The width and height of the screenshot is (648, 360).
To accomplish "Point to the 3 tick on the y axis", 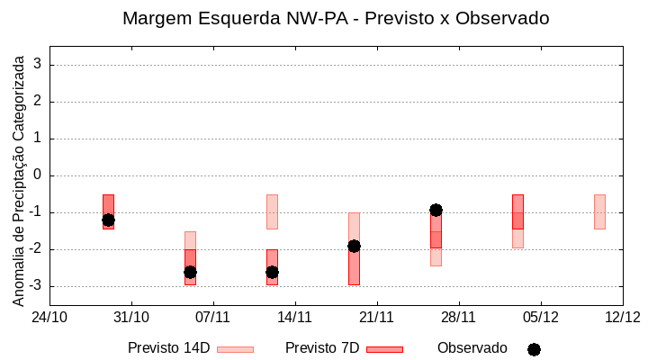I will (x=38, y=65).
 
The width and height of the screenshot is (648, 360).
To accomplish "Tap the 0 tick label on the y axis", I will (x=38, y=175).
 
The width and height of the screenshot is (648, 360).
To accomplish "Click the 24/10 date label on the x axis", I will (x=49, y=317).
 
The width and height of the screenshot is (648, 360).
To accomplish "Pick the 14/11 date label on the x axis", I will (x=294, y=317).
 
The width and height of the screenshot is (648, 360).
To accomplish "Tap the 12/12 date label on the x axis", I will (x=622, y=317).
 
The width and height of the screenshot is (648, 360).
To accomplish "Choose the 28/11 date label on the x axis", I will (x=458, y=317).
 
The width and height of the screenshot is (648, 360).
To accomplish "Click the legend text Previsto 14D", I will (x=169, y=348).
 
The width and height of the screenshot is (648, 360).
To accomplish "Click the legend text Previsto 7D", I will (x=322, y=348).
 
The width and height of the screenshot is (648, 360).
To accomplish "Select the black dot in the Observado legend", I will (x=534, y=349).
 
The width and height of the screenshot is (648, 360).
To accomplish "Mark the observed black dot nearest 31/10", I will (x=108, y=220).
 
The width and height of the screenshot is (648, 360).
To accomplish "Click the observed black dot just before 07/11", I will (x=190, y=272).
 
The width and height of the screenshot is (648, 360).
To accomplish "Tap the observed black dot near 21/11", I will (x=354, y=246).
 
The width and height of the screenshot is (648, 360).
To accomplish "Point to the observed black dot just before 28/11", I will (x=436, y=210).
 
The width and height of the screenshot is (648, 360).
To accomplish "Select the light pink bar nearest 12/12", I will (x=599, y=211).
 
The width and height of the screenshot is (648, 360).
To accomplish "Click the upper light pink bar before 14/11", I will (x=272, y=211).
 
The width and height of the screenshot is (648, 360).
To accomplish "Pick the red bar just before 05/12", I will (x=517, y=211).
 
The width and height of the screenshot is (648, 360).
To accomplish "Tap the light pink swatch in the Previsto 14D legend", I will (x=235, y=349).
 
